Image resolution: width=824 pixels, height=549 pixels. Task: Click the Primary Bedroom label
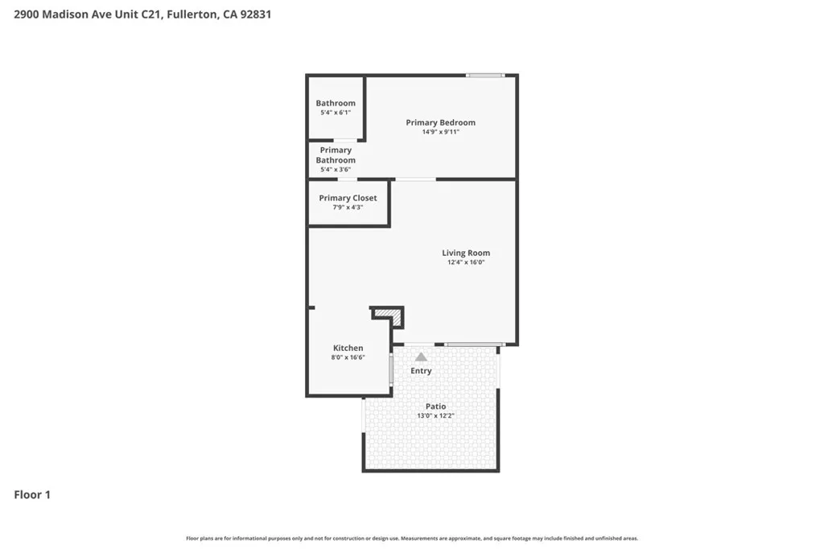click(x=440, y=122)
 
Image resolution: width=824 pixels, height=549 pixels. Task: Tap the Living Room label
click(x=466, y=253)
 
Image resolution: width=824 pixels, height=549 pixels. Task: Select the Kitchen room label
click(x=348, y=348)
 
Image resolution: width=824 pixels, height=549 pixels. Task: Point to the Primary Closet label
click(x=348, y=198)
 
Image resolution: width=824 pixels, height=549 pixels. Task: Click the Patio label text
click(x=435, y=407)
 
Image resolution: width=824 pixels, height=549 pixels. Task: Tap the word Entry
click(x=421, y=371)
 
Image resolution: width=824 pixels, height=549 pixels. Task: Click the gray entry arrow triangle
click(x=421, y=357)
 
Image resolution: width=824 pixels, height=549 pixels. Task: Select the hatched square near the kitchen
click(x=389, y=317)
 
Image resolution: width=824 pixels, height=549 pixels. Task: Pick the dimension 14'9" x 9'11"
click(x=440, y=132)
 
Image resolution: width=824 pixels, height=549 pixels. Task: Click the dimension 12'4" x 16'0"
click(x=466, y=262)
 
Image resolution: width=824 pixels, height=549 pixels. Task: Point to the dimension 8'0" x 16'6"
click(x=348, y=357)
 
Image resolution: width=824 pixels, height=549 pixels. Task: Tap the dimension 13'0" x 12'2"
click(x=435, y=416)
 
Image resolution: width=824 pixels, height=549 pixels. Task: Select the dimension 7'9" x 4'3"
click(x=348, y=208)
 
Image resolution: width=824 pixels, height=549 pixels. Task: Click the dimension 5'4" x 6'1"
click(x=336, y=113)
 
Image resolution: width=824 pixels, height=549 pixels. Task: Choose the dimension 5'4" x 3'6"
click(x=336, y=170)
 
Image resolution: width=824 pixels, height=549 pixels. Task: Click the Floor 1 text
click(x=32, y=495)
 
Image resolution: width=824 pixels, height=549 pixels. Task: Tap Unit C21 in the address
click(x=142, y=14)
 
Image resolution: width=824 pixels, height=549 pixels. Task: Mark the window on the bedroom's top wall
click(x=485, y=76)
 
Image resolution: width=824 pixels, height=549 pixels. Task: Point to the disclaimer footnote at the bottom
click(x=412, y=539)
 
